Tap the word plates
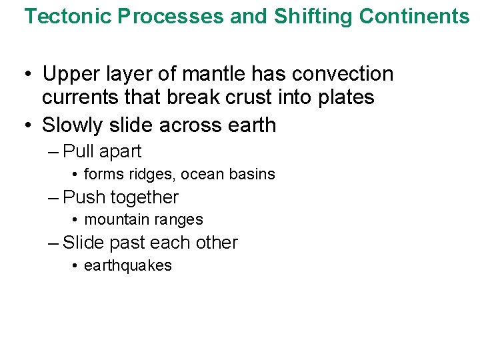pyautogui.click(x=344, y=97)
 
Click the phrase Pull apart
pyautogui.click(x=102, y=152)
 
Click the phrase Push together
pyautogui.click(x=121, y=197)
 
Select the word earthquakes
pyautogui.click(x=128, y=265)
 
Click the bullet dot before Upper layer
pyautogui.click(x=29, y=75)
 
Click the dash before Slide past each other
pyautogui.click(x=53, y=243)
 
